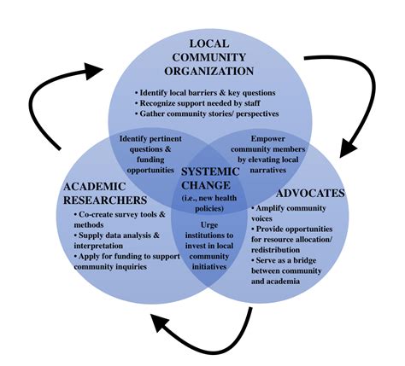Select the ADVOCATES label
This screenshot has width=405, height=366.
coord(311,192)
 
